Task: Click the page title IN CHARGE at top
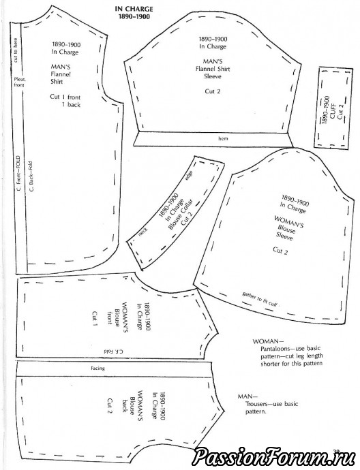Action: click(x=134, y=10)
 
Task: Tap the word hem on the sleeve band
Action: click(x=223, y=138)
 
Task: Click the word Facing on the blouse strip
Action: click(x=97, y=368)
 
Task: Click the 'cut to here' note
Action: click(x=16, y=50)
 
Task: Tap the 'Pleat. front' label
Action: click(x=20, y=82)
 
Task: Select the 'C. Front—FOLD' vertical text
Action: click(x=18, y=173)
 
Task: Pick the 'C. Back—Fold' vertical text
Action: click(x=31, y=176)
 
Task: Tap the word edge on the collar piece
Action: click(x=189, y=175)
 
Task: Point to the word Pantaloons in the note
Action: click(x=275, y=349)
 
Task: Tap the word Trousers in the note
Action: click(x=256, y=404)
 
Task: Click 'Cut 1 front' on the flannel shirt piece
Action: click(x=65, y=97)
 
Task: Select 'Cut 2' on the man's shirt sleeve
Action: click(x=213, y=91)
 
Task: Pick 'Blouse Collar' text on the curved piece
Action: click(x=181, y=215)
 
